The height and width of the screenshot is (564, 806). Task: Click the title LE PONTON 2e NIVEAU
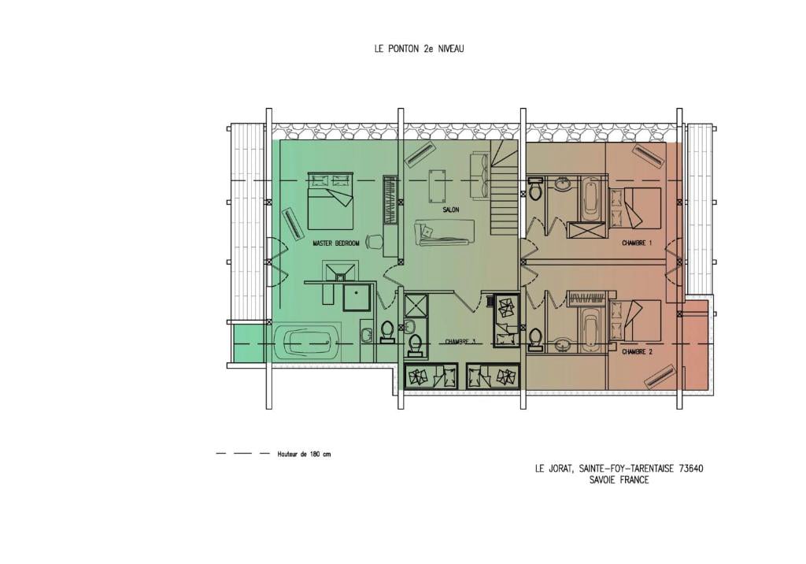click(419, 49)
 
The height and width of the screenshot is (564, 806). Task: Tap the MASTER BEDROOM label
click(336, 243)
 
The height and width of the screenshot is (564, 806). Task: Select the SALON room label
click(450, 210)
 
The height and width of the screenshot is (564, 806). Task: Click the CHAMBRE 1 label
click(637, 243)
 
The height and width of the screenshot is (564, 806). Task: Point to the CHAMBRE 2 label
click(637, 352)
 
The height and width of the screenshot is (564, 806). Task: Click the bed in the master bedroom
click(331, 201)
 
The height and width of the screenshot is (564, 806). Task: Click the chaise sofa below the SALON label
click(445, 232)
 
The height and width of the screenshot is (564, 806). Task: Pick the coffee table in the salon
click(438, 184)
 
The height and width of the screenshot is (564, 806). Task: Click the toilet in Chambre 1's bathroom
click(535, 188)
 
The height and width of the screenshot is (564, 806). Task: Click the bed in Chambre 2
click(635, 320)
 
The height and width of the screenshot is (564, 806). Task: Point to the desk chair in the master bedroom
click(374, 241)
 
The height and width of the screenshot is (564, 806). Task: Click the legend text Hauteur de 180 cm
click(304, 455)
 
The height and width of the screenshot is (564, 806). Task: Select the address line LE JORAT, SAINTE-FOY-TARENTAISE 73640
click(619, 469)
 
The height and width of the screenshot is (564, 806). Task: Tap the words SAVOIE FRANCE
click(619, 481)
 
